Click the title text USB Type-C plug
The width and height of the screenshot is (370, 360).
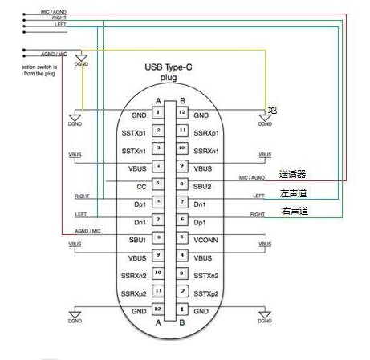[169, 73]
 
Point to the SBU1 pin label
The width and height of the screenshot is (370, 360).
[136, 238]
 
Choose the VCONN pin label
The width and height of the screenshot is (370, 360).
[206, 238]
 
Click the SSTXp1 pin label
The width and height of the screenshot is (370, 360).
[133, 132]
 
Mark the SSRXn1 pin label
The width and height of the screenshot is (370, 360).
[207, 150]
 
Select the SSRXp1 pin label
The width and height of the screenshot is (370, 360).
[207, 132]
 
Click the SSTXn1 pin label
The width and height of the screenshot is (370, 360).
[133, 150]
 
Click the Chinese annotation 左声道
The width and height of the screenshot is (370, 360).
[293, 192]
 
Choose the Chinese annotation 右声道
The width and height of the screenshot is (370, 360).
[293, 211]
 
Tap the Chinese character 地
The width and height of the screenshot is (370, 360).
[273, 109]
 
